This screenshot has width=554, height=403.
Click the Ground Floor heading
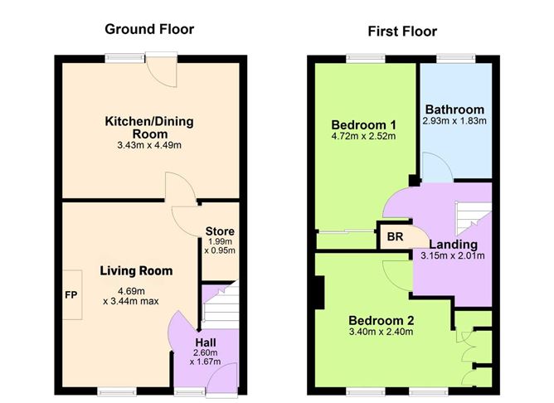pos(149,30)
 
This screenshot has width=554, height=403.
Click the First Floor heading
pos(402,32)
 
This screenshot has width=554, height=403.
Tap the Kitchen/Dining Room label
pos(148,128)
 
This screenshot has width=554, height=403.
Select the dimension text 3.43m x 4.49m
pos(148,146)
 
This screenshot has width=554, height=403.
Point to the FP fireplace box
pos(70,294)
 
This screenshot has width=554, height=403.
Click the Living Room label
pos(136,270)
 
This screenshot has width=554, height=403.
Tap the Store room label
pos(220,231)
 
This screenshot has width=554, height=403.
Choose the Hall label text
pos(207,342)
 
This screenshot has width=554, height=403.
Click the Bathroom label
pos(454,109)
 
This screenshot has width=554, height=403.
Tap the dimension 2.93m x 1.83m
pos(454,122)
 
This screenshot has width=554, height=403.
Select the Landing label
pos(453,244)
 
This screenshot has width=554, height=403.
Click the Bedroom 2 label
pos(381,320)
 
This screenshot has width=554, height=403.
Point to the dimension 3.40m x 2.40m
pos(381,333)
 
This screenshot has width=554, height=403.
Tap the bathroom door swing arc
pos(435,170)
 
